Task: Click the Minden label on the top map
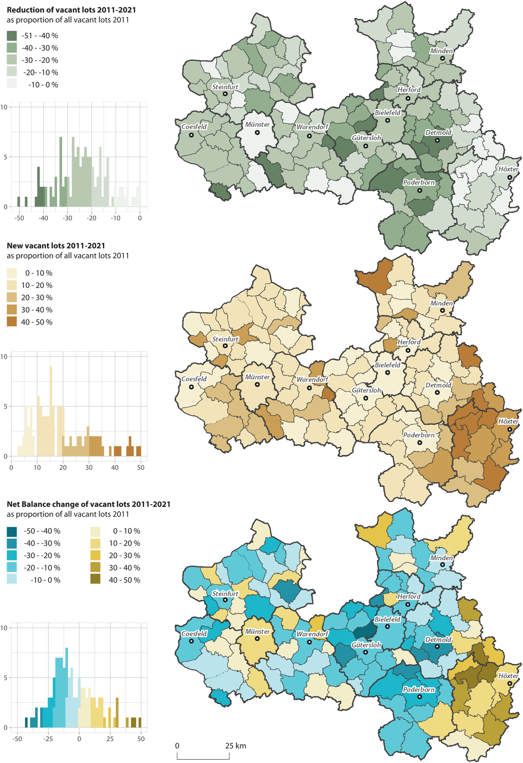(441, 51)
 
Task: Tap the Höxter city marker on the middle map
(509, 430)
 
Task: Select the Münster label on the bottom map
(257, 631)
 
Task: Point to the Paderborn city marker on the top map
(420, 190)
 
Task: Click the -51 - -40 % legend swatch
(12, 36)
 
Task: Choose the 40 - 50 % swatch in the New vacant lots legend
(12, 322)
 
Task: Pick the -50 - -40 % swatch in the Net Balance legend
(12, 531)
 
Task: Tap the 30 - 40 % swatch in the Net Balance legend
(95, 568)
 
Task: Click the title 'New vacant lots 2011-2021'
(56, 246)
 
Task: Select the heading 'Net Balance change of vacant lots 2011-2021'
(88, 504)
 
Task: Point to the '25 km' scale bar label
(235, 746)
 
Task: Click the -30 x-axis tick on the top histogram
(67, 218)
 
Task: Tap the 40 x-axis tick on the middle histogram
(115, 468)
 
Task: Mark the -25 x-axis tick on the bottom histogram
(48, 739)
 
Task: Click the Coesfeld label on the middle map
(194, 379)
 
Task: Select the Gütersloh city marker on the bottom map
(366, 652)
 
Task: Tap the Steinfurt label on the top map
(225, 87)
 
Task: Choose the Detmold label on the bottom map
(438, 640)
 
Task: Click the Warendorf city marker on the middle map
(309, 388)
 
